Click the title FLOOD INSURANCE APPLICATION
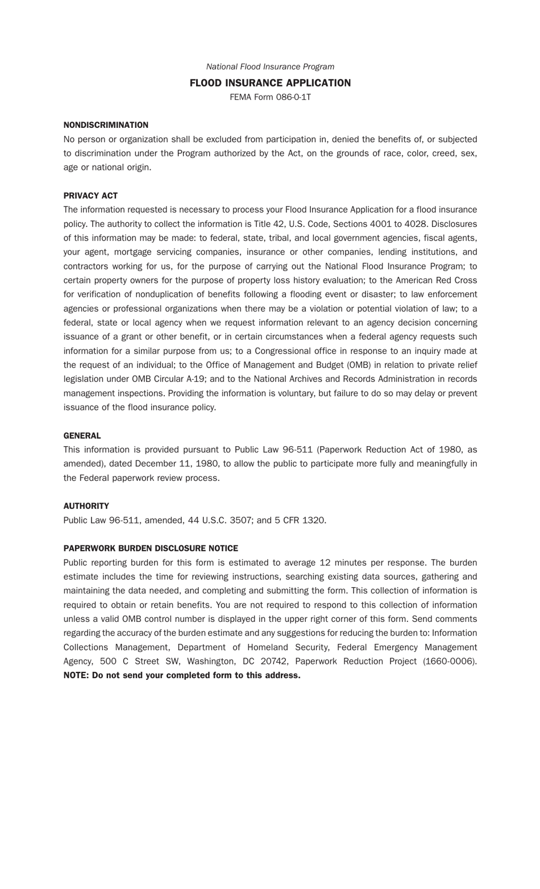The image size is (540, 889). [270, 83]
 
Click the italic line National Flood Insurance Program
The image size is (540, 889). [270, 67]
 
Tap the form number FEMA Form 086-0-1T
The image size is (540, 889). [270, 97]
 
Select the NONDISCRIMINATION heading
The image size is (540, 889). [106, 125]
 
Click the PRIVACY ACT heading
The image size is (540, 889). [90, 196]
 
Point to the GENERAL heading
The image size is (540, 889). [82, 436]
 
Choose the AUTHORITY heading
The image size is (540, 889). [86, 506]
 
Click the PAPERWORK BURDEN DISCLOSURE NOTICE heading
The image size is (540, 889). [151, 549]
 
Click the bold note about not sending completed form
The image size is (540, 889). [182, 675]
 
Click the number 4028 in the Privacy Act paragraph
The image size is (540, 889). [416, 224]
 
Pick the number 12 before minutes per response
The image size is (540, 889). [325, 563]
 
